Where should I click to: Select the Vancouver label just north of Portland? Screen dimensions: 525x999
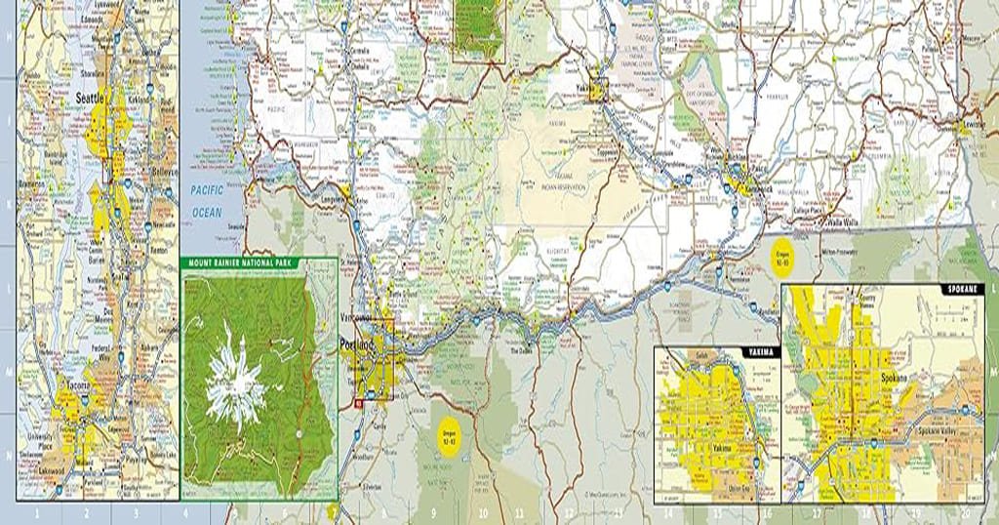click(x=359, y=318)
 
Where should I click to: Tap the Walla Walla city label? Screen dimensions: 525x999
click(x=839, y=222)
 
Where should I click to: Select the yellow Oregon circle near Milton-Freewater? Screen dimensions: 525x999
click(x=781, y=259)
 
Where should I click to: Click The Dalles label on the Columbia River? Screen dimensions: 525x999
click(x=516, y=351)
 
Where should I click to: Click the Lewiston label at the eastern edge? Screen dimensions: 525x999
click(x=979, y=128)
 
